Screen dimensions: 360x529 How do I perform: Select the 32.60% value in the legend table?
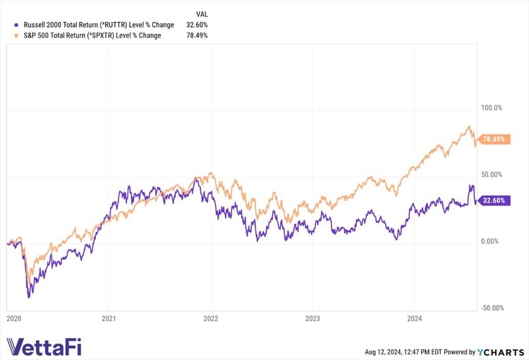pyautogui.click(x=197, y=25)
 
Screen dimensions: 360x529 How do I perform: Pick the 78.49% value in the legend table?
pyautogui.click(x=197, y=35)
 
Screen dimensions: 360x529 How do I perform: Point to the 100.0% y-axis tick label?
pyautogui.click(x=491, y=108)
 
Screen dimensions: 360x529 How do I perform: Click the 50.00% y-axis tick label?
pyautogui.click(x=491, y=174)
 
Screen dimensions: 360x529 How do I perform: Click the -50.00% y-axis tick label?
pyautogui.click(x=491, y=308)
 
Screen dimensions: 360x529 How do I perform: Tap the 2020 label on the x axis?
pyautogui.click(x=14, y=319)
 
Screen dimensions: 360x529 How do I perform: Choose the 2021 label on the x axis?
pyautogui.click(x=109, y=319)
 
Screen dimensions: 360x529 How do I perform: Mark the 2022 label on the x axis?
pyautogui.click(x=211, y=319)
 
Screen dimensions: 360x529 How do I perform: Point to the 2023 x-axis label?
pyautogui.click(x=312, y=319)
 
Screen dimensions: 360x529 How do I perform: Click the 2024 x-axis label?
pyautogui.click(x=414, y=319)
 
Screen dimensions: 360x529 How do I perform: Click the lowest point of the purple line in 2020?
pyautogui.click(x=28, y=297)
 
